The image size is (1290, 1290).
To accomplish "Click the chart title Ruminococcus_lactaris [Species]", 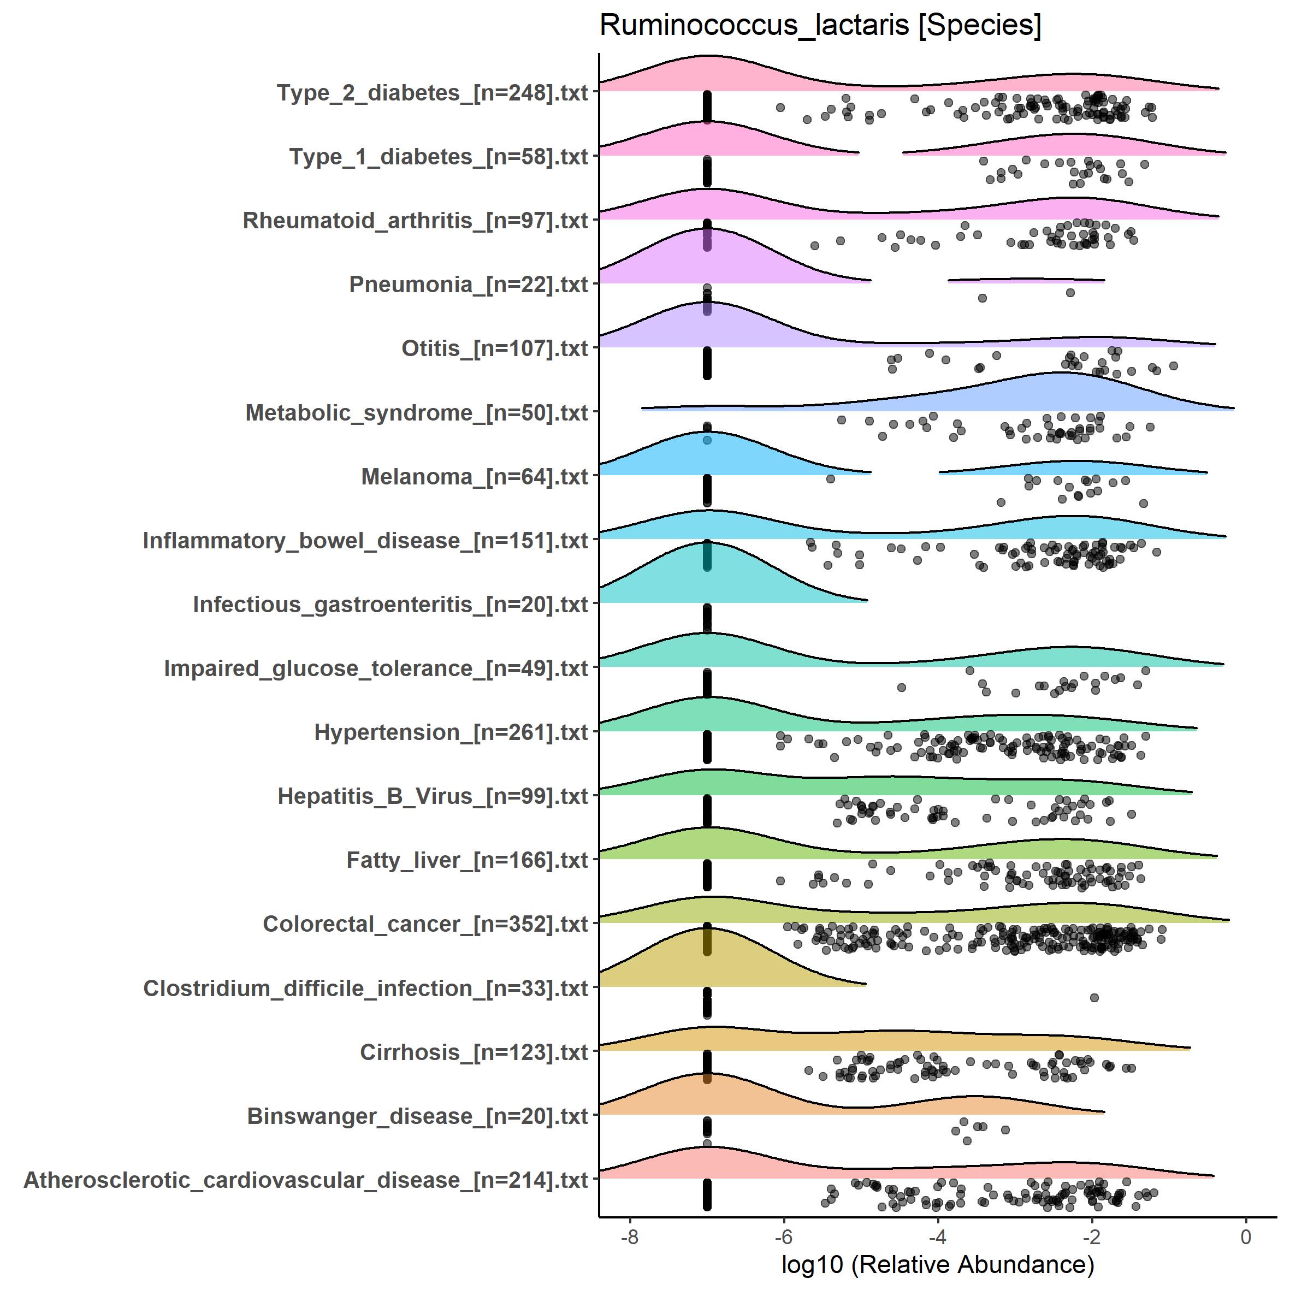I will (x=820, y=26).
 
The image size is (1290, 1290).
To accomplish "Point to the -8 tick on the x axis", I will (x=630, y=1237).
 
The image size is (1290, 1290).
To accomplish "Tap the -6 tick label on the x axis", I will (x=783, y=1237).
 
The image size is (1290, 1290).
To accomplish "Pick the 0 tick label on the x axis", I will (x=1245, y=1237).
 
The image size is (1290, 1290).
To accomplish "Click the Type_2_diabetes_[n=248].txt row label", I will (x=432, y=92).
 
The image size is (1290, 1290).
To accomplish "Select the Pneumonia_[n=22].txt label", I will (x=468, y=285).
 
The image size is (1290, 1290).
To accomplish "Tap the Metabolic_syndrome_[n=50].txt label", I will (x=417, y=413).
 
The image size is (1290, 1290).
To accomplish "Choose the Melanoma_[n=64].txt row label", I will (x=474, y=477).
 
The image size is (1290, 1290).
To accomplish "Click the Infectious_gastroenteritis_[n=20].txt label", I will (x=390, y=604).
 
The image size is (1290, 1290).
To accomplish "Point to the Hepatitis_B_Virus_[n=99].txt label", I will (x=433, y=796).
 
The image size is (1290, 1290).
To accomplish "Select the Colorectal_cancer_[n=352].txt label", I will (x=425, y=924).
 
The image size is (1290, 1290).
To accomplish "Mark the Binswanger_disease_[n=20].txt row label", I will (x=417, y=1116).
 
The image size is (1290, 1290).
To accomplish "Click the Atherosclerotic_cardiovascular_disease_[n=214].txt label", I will (x=306, y=1180).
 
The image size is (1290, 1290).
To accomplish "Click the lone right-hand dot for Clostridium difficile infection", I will (x=1094, y=998).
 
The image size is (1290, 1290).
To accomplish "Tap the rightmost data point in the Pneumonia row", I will (x=1070, y=292).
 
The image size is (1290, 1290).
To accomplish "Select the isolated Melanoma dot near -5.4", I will (x=830, y=479).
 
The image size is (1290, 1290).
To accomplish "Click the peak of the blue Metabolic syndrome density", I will (x=1060, y=373).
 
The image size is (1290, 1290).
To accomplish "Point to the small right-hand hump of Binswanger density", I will (x=974, y=1097).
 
